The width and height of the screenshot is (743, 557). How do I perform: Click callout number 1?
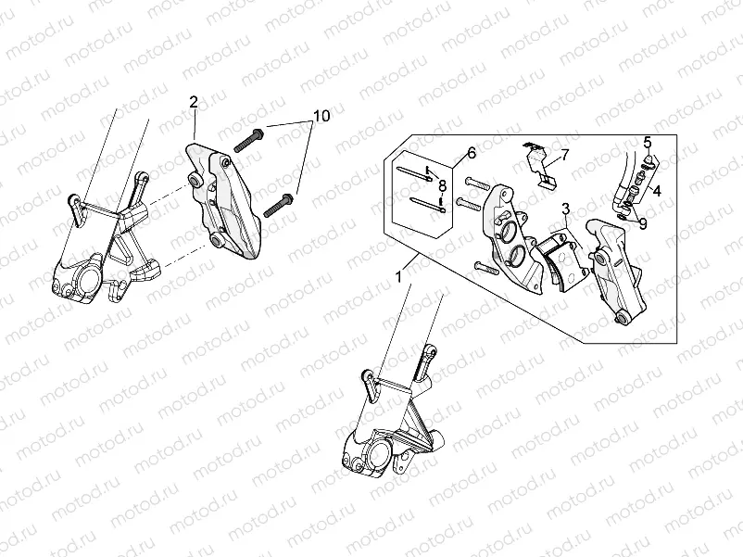398,275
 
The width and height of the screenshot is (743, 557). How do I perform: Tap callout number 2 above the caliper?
194,101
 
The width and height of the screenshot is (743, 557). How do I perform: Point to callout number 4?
656,192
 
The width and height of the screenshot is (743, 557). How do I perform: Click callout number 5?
648,142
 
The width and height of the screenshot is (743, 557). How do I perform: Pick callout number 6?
471,152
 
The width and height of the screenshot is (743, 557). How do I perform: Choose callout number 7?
564,155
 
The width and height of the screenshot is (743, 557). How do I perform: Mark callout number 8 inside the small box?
443,185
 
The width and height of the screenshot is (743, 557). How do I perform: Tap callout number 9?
642,223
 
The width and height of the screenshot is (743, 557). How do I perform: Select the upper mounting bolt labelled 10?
249,141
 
